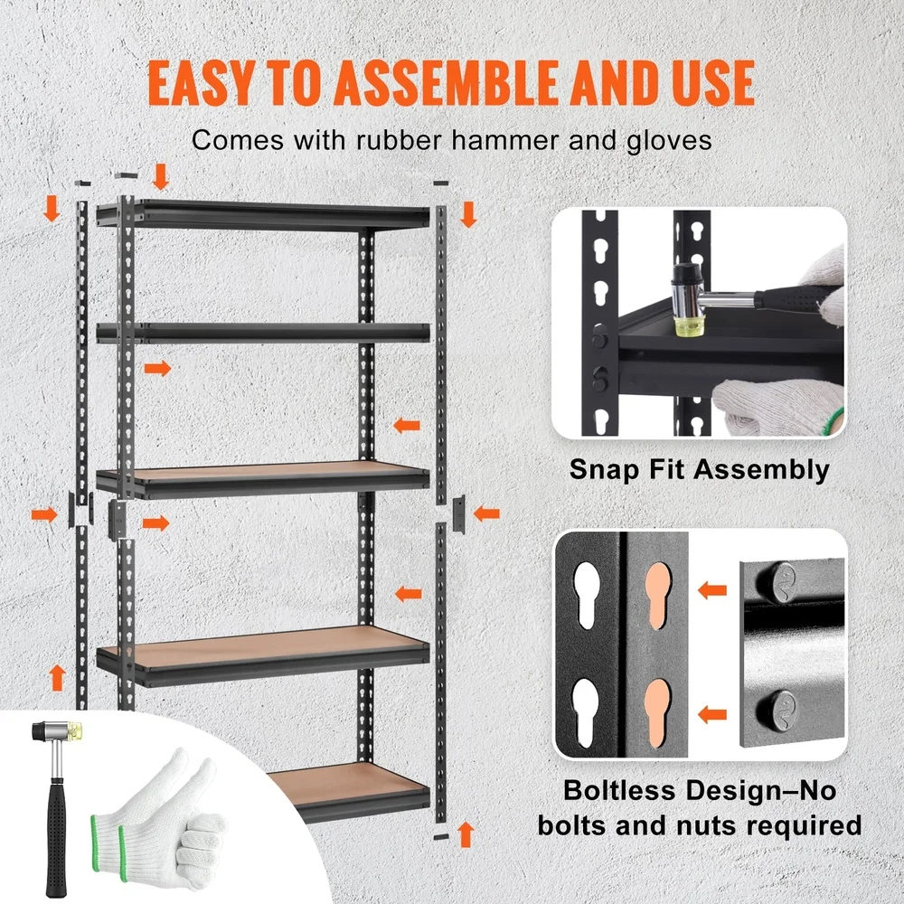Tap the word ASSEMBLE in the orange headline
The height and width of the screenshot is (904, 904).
[x=438, y=83]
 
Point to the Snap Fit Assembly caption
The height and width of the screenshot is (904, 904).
[x=699, y=469]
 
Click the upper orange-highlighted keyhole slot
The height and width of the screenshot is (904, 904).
[x=659, y=597]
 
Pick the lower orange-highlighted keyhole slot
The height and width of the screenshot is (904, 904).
[x=659, y=711]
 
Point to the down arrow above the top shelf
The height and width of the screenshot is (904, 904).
[x=161, y=176]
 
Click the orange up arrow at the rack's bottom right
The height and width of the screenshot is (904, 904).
[x=466, y=833]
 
